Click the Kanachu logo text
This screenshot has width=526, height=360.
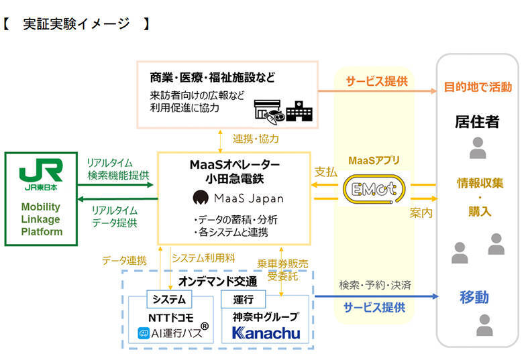pyautogui.click(x=266, y=333)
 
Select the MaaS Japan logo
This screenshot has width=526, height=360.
pyautogui.click(x=238, y=198)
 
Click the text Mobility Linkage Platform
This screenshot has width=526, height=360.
pyautogui.click(x=41, y=219)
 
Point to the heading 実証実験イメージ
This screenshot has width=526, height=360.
pyautogui.click(x=76, y=25)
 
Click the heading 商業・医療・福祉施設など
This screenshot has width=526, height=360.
pyautogui.click(x=213, y=77)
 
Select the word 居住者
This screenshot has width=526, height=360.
pyautogui.click(x=477, y=122)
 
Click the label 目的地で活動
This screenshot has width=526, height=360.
pyautogui.click(x=477, y=87)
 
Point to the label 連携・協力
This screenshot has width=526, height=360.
pyautogui.click(x=256, y=139)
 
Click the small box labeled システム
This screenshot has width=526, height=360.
pyautogui.click(x=168, y=298)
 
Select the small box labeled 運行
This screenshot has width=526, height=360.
pyautogui.click(x=243, y=298)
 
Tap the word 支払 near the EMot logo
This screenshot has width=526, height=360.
pyautogui.click(x=326, y=172)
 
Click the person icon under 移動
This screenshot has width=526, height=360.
pyautogui.click(x=484, y=325)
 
